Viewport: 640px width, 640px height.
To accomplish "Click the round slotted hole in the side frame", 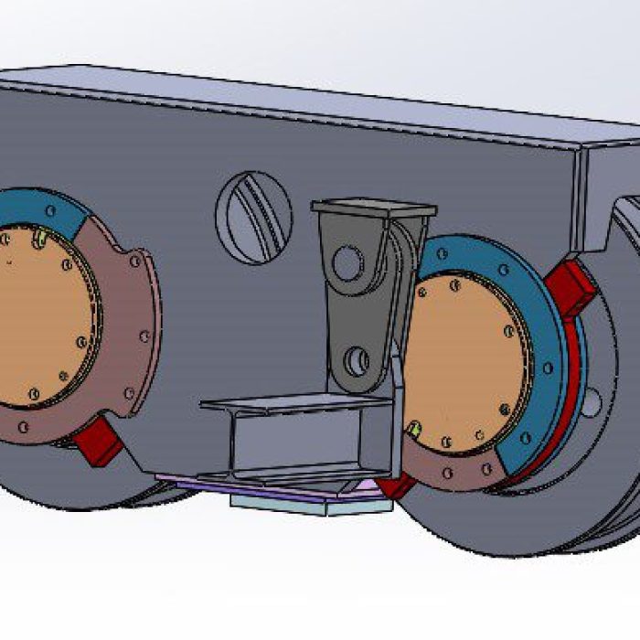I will click(x=253, y=218).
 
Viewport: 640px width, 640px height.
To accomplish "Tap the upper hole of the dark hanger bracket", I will click(x=347, y=264).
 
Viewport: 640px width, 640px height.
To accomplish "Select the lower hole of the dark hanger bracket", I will click(x=357, y=360).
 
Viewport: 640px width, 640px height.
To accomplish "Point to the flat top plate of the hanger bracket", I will click(x=373, y=208).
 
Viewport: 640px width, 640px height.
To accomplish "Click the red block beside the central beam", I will click(x=394, y=485).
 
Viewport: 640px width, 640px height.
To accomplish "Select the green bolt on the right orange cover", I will click(x=414, y=428).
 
